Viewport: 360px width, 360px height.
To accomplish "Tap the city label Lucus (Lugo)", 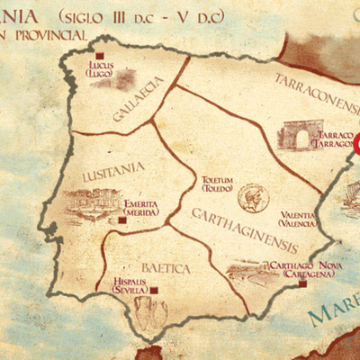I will [x=99, y=69].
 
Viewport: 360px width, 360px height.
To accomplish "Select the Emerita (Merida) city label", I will [x=140, y=207].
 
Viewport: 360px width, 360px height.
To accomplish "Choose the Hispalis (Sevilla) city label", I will [x=130, y=285].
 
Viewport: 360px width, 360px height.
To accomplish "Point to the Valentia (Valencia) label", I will [x=298, y=219].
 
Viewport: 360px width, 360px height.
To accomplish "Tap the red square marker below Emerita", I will [x=123, y=219].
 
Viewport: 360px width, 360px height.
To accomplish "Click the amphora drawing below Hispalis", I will [x=148, y=311].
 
